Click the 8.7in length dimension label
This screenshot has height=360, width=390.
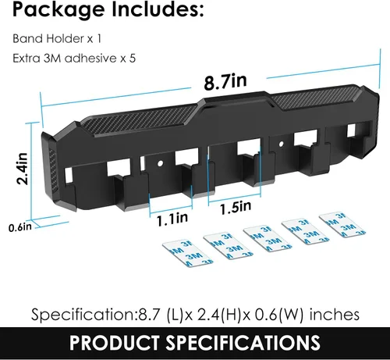pyautogui.click(x=225, y=81)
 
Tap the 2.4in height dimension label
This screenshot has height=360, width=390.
pyautogui.click(x=23, y=169)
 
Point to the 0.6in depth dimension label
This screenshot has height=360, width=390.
pyautogui.click(x=20, y=227)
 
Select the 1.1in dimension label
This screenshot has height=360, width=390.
pyautogui.click(x=172, y=219)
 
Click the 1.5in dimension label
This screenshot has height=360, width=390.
pyautogui.click(x=236, y=207)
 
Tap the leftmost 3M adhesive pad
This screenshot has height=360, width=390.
pyautogui.click(x=188, y=253)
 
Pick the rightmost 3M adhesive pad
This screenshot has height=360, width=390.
pyautogui.click(x=342, y=225)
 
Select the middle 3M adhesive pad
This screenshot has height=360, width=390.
pyautogui.click(x=268, y=239)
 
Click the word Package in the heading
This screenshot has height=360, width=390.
pyautogui.click(x=58, y=10)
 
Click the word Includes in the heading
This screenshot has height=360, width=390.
pyautogui.click(x=158, y=9)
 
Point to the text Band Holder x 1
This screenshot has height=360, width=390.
pyautogui.click(x=57, y=39)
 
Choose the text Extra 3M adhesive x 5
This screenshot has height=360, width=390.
pyautogui.click(x=74, y=58)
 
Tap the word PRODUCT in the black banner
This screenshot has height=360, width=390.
pyautogui.click(x=114, y=343)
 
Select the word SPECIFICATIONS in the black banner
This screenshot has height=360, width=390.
pyautogui.click(x=243, y=343)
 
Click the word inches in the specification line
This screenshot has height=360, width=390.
pyautogui.click(x=335, y=314)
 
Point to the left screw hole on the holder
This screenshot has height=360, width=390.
pyautogui.click(x=161, y=163)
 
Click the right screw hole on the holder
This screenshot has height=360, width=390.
pyautogui.click(x=281, y=144)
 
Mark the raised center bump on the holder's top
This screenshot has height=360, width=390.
pyautogui.click(x=236, y=100)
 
